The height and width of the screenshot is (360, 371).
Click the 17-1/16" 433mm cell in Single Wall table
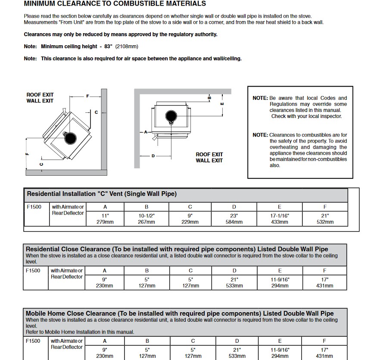(279, 219)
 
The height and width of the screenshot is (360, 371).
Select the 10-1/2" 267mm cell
(147, 219)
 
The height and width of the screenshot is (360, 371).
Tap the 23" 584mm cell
(234, 219)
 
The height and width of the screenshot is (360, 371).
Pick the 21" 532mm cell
(325, 219)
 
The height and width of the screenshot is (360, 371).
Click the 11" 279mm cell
(105, 219)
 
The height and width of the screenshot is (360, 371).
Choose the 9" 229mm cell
(190, 219)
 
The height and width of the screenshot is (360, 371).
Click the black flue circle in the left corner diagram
(70, 138)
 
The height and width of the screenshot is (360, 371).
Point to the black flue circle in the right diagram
(171, 116)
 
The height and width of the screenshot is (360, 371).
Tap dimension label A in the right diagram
(146, 132)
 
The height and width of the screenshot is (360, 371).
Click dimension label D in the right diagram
(153, 156)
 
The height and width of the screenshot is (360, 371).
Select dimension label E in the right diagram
(222, 104)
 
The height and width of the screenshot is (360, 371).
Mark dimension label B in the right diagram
(209, 98)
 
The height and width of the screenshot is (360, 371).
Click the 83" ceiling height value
(108, 47)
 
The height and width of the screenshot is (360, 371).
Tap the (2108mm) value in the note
(127, 47)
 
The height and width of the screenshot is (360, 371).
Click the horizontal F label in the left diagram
(87, 96)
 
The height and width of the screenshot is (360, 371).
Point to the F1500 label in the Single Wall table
(34, 207)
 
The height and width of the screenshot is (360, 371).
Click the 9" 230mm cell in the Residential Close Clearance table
(104, 282)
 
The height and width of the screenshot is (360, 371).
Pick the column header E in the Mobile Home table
(280, 341)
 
